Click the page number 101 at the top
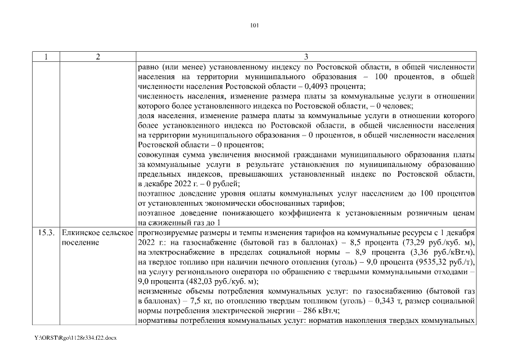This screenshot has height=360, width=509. (254, 25)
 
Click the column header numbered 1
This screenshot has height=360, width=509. (46, 57)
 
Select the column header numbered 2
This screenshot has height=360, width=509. (97, 57)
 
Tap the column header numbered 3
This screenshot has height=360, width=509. (306, 57)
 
